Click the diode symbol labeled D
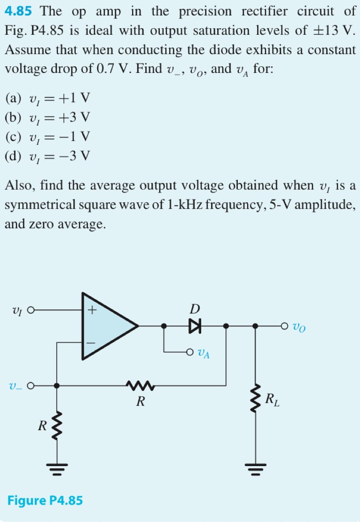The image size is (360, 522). point(195,325)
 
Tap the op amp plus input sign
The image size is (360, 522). point(92,310)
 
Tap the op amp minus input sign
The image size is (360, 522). point(92,345)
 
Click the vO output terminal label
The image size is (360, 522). point(299,326)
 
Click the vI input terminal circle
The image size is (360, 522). point(31,310)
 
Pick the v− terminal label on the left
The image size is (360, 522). point(16,386)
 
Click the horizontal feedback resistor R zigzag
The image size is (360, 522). point(141,386)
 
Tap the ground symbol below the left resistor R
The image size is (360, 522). point(57,468)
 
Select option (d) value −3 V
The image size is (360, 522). point(75,155)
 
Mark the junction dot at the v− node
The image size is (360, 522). point(57,386)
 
